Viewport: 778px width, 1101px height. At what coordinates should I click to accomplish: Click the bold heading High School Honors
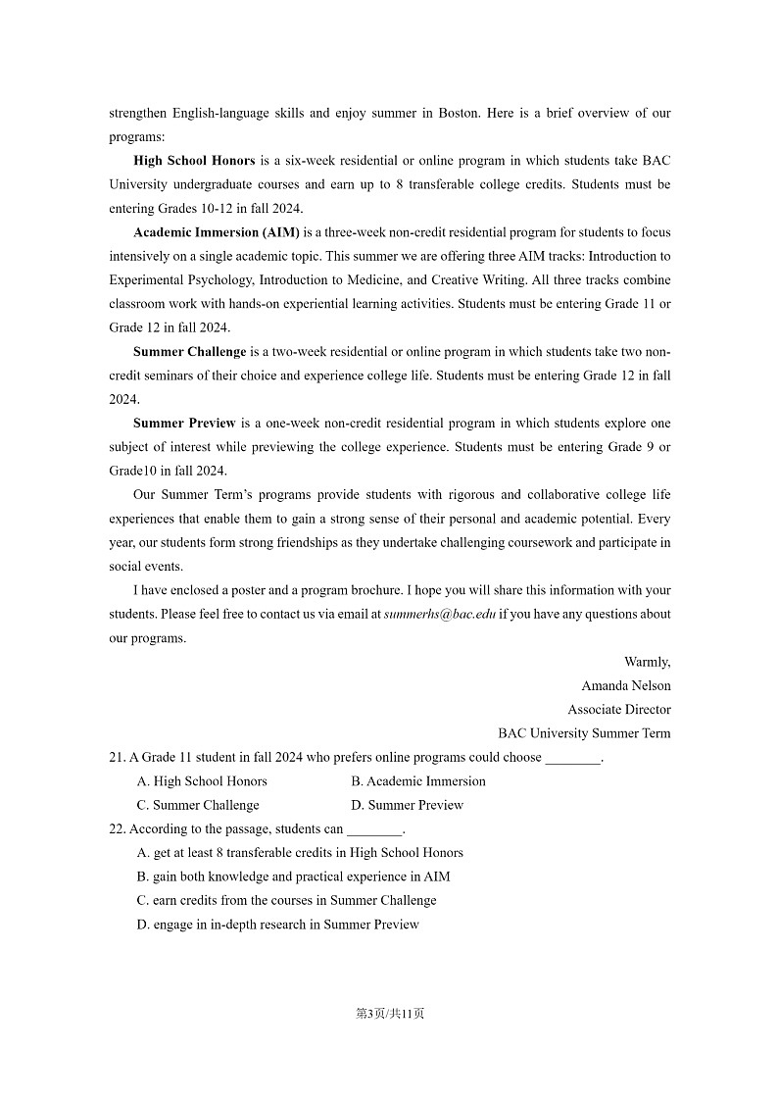pyautogui.click(x=194, y=161)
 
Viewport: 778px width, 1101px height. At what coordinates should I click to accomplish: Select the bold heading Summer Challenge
pyautogui.click(x=189, y=351)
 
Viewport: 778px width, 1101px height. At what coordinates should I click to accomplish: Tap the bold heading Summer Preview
pyautogui.click(x=184, y=424)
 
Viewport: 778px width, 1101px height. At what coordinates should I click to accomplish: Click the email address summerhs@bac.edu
pyautogui.click(x=440, y=614)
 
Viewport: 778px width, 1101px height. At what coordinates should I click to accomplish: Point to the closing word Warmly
pyautogui.click(x=647, y=662)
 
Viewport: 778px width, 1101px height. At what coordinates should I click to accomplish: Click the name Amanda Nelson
pyautogui.click(x=625, y=685)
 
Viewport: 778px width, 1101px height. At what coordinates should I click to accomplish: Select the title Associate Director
pyautogui.click(x=618, y=709)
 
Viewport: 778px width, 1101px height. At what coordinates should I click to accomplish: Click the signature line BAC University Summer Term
pyautogui.click(x=584, y=733)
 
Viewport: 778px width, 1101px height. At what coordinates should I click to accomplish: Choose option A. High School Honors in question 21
pyautogui.click(x=202, y=781)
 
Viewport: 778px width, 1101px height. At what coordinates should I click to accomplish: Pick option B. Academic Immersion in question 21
pyautogui.click(x=418, y=781)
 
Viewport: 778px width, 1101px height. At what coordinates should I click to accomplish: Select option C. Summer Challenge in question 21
pyautogui.click(x=198, y=805)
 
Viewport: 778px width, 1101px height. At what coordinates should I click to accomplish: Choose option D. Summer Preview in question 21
pyautogui.click(x=407, y=805)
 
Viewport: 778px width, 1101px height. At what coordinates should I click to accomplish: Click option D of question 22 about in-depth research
pyautogui.click(x=278, y=925)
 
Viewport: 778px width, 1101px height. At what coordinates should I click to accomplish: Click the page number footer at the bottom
pyautogui.click(x=389, y=1014)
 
